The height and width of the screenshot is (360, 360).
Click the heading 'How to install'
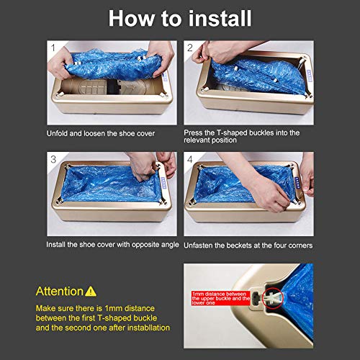(x=180, y=18)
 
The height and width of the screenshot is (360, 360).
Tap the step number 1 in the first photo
(x=53, y=48)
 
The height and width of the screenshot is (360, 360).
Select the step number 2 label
(x=190, y=48)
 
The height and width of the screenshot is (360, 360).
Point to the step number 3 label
(x=53, y=159)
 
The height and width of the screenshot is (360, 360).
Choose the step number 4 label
(x=190, y=159)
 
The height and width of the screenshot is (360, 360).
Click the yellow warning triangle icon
(x=91, y=292)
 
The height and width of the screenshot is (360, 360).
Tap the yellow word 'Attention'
(x=59, y=292)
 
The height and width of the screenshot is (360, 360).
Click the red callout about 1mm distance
(x=221, y=298)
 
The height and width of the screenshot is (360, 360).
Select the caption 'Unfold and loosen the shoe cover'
(x=101, y=133)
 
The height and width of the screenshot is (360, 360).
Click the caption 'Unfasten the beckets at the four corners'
(x=248, y=246)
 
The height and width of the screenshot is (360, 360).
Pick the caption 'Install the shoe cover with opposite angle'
(x=112, y=245)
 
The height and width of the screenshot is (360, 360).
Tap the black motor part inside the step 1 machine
(x=113, y=87)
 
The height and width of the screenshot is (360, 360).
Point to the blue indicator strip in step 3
(x=164, y=181)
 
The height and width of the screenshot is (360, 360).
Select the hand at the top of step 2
(x=216, y=52)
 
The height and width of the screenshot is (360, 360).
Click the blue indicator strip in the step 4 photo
(x=298, y=181)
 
